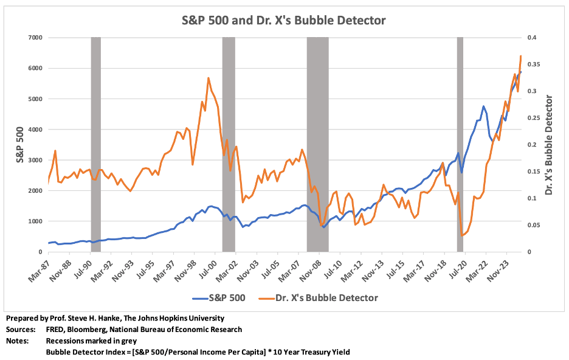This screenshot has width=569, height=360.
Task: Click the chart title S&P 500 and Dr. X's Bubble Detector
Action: (x=284, y=20)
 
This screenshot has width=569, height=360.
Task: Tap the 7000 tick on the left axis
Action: (x=33, y=38)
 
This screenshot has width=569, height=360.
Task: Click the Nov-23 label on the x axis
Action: (x=499, y=268)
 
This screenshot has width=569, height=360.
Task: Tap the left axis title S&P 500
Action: (x=19, y=145)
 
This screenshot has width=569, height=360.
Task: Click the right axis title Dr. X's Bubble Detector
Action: (x=550, y=145)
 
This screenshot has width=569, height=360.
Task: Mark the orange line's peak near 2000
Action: (x=209, y=78)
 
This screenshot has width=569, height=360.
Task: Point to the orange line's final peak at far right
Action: (x=521, y=56)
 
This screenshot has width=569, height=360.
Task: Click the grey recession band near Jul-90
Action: (x=95, y=145)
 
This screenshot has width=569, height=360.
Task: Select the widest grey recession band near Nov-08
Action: (x=317, y=145)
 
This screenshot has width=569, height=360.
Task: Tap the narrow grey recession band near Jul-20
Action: (x=460, y=145)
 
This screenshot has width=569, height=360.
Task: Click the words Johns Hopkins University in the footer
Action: (x=180, y=318)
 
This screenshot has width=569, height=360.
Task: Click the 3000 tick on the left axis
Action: (x=33, y=160)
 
